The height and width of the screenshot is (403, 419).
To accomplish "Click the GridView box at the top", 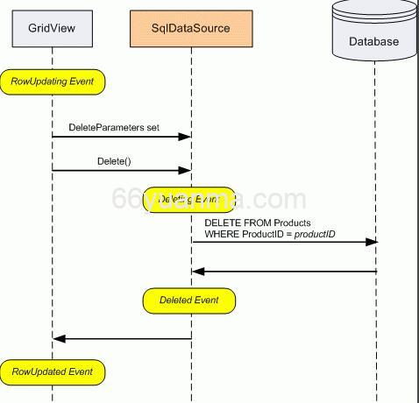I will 52,27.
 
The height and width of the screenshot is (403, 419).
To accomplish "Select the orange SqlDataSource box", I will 191,27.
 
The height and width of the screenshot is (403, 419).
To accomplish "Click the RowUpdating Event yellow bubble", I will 53,82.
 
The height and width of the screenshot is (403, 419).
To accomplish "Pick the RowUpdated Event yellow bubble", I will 53,371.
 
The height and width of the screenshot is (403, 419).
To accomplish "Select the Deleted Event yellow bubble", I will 188,300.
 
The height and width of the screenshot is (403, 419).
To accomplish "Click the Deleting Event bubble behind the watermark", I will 188,200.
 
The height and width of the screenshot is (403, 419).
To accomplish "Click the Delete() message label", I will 115,161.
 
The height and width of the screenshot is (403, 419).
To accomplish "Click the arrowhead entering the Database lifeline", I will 373,242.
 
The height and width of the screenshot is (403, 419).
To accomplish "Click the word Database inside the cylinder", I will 373,41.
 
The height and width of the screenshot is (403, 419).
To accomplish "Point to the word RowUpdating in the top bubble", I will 40,82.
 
